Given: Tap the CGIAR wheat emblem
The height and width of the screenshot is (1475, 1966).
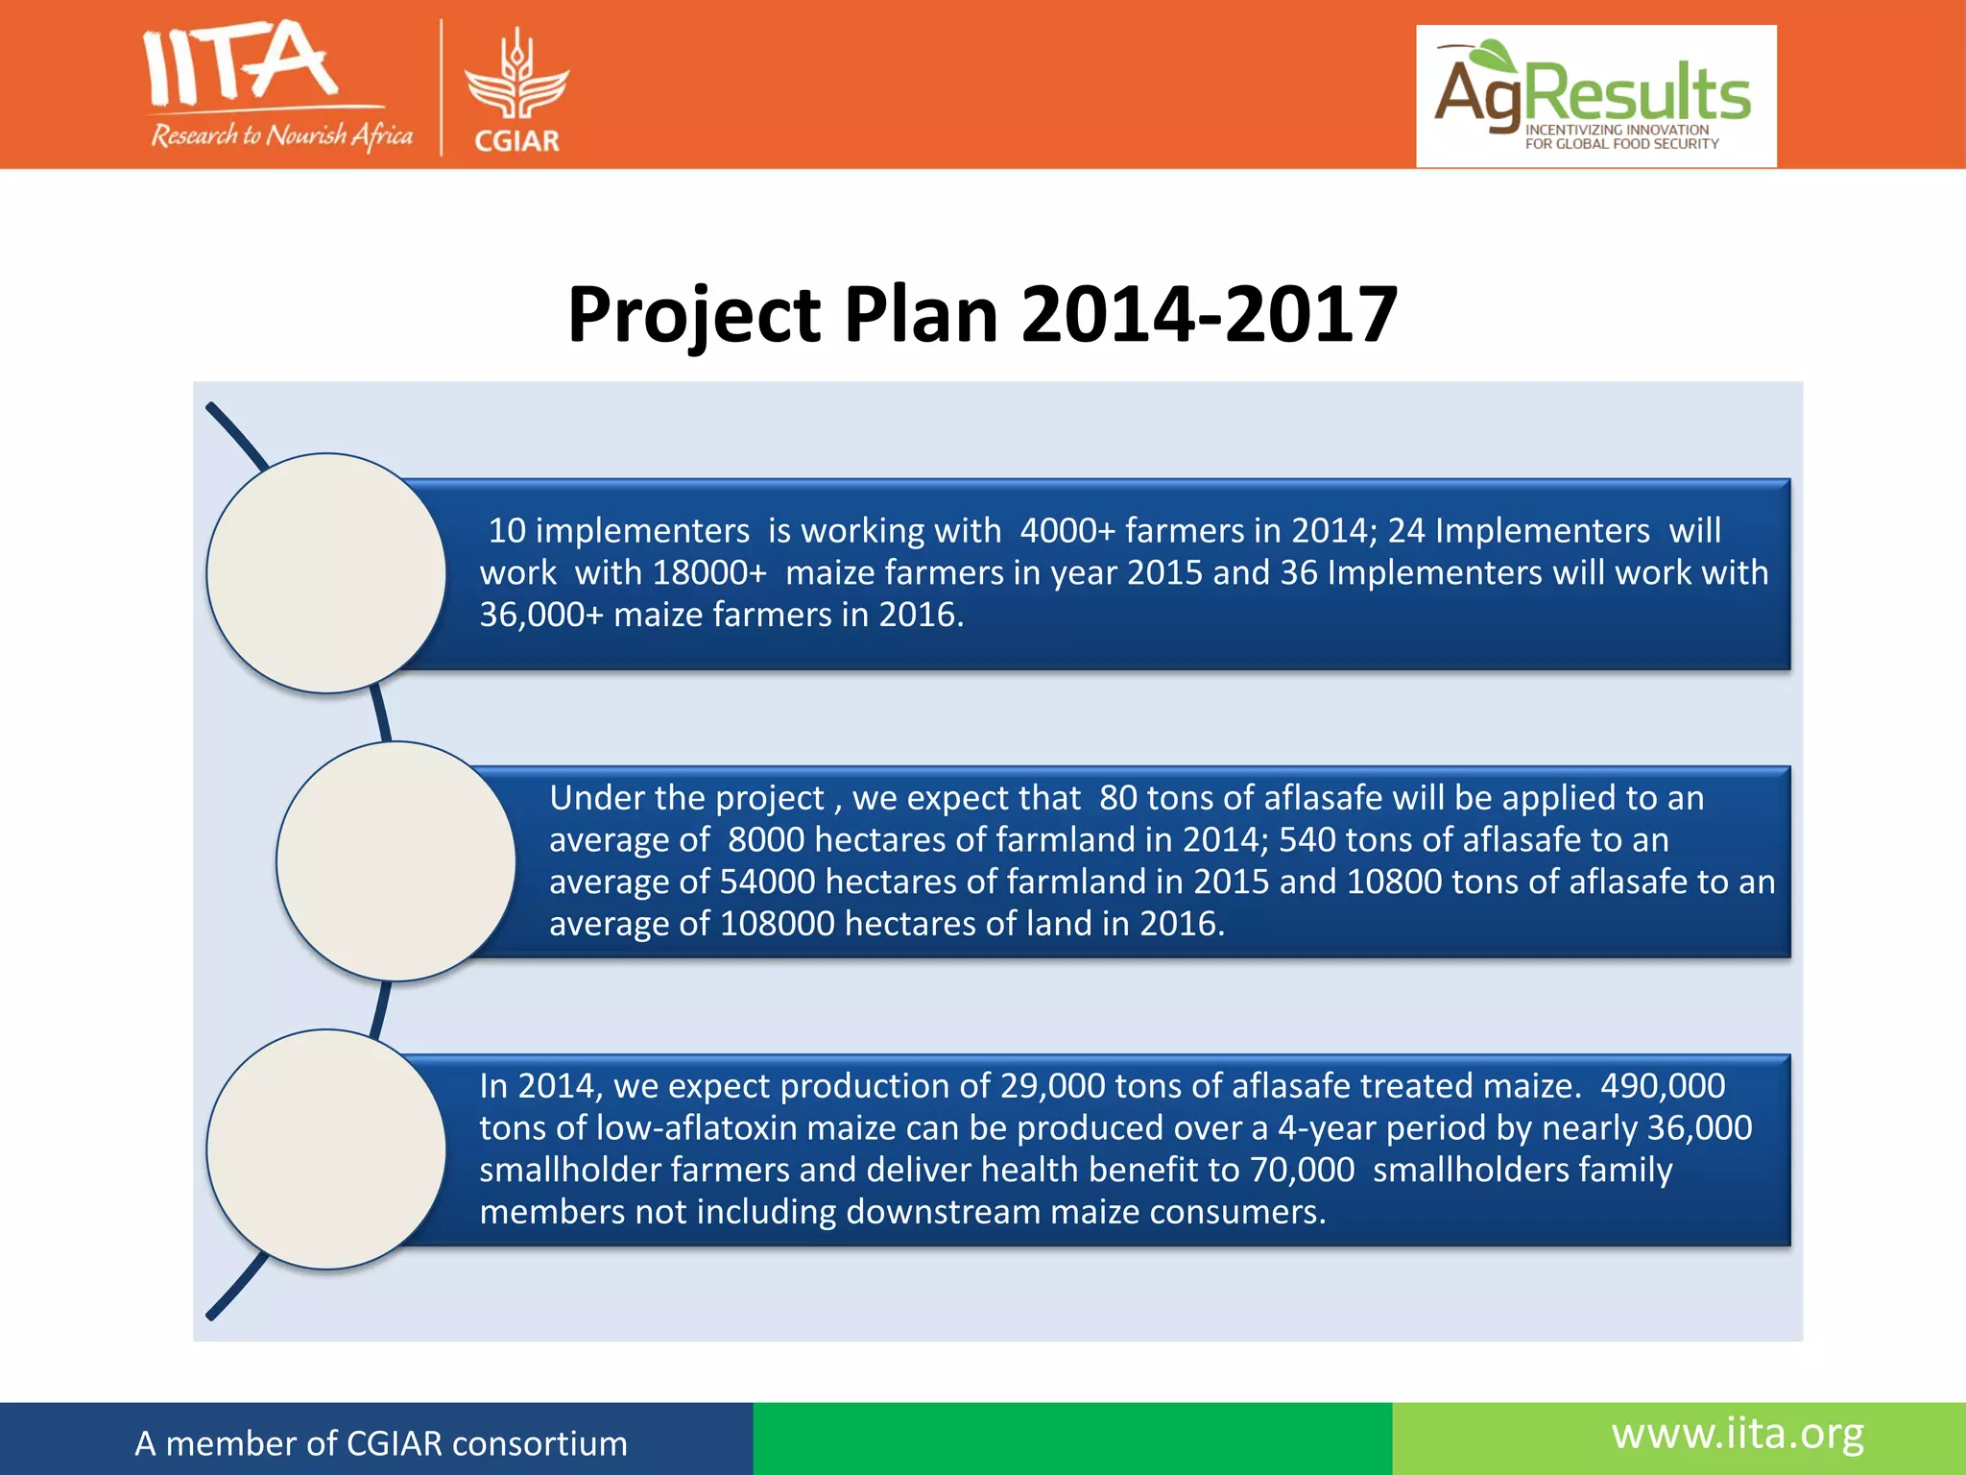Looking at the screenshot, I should coord(516,77).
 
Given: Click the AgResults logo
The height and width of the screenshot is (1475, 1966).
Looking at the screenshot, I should coord(1595,96).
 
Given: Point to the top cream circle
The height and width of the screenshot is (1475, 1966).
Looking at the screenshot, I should coord(326,573).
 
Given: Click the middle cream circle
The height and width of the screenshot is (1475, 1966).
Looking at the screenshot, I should coord(396,861).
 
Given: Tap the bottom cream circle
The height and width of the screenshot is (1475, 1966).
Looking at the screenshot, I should coord(326,1149).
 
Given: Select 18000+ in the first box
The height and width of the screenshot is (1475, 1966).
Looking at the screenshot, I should coord(709,572).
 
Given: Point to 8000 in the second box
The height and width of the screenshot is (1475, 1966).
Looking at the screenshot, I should coord(765,840).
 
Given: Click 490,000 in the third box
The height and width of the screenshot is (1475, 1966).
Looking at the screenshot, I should coord(1663,1086).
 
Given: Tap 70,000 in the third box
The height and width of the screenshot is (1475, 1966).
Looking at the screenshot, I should coord(1302,1170).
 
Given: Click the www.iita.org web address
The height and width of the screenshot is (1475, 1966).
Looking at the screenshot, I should coord(1738,1435).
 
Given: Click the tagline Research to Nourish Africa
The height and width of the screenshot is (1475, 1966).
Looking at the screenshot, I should coord(282,135).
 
